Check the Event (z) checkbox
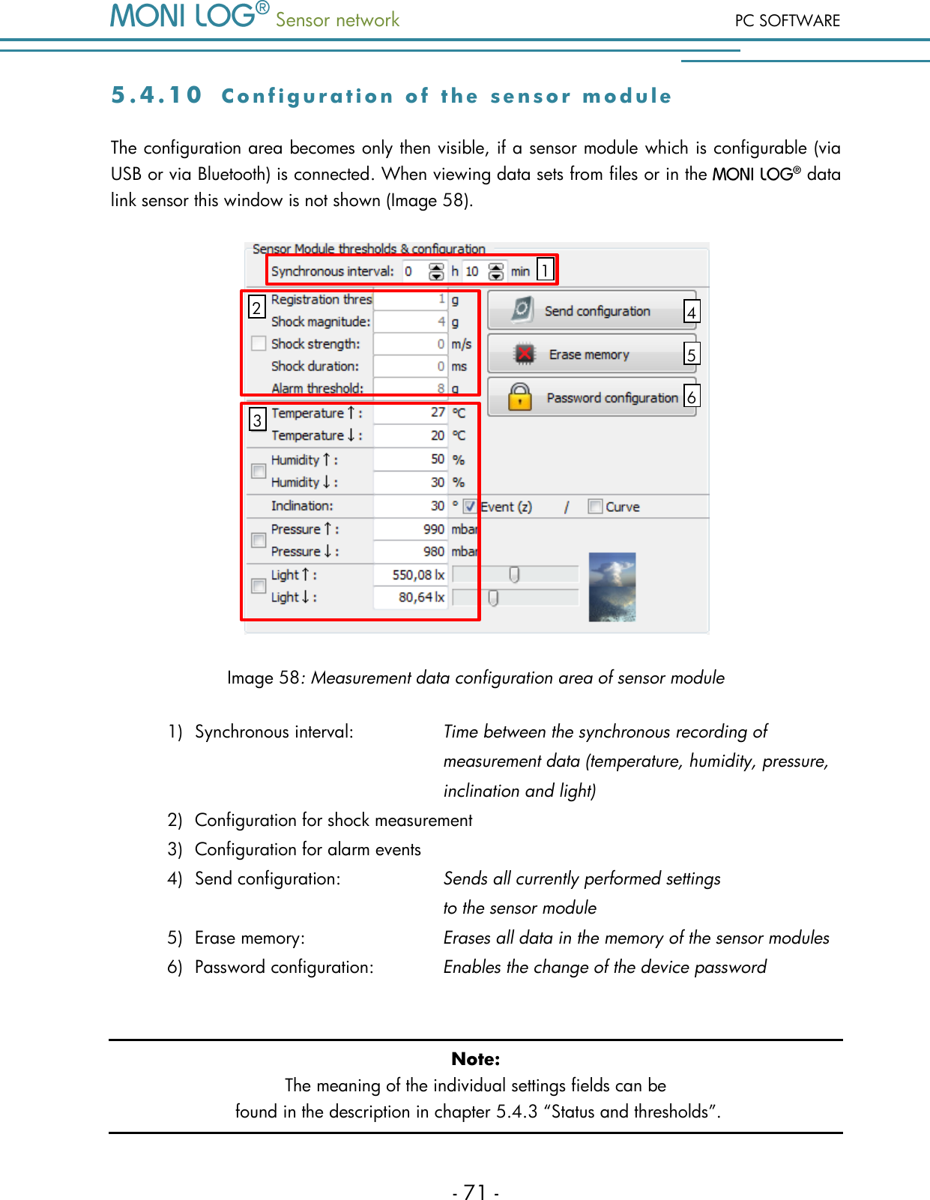470,507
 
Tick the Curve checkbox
595,507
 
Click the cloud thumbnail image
612,587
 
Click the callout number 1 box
546,268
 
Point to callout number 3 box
257,420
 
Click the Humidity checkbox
259,471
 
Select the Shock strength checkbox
259,343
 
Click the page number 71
475,1192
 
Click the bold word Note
475,1059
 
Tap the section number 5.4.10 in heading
157,95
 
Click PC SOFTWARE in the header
787,21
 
